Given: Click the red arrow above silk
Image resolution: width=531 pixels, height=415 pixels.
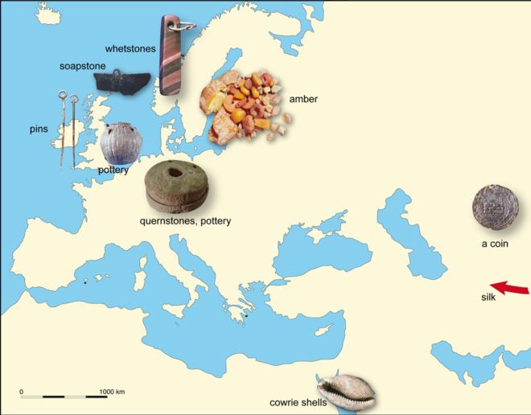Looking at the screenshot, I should coord(509,287).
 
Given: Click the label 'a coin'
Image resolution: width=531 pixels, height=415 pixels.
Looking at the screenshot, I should coord(495,242).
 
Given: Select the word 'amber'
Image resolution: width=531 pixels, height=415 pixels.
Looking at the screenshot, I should coord(303,99).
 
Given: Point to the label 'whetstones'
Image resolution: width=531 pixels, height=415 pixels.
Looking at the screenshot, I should coord(130,49).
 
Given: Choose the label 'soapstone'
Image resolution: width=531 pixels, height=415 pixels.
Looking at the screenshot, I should coord(84,66).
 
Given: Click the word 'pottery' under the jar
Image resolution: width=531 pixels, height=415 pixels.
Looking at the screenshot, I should coord(113,171).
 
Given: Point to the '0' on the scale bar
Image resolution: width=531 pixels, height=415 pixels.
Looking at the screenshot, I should coord(22,391).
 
